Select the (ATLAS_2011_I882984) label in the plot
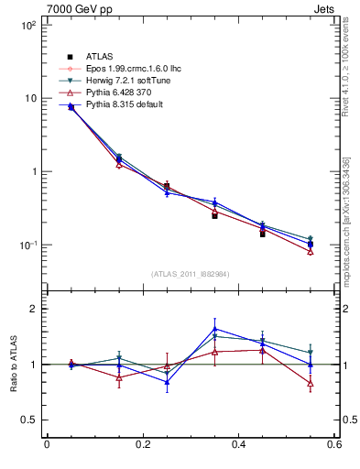click(x=191, y=274)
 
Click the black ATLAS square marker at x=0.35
click(x=214, y=215)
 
